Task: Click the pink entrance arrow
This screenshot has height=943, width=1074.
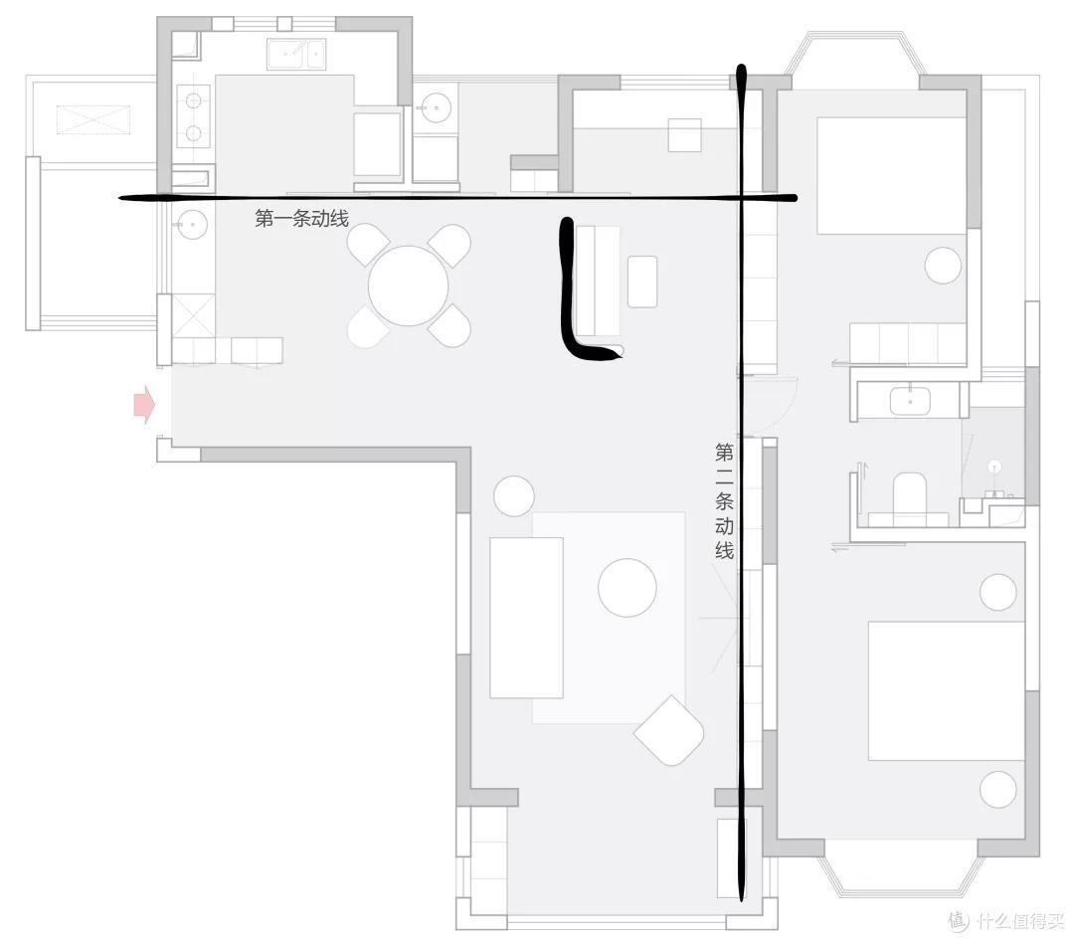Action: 144,405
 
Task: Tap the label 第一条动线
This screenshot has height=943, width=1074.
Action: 302,218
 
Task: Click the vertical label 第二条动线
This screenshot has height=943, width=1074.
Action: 725,501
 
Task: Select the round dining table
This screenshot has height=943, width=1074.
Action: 409,285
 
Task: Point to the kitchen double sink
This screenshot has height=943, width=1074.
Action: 296,54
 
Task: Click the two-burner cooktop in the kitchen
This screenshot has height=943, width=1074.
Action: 193,115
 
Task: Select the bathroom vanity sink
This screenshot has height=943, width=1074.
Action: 910,401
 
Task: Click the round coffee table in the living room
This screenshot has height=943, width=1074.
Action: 627,587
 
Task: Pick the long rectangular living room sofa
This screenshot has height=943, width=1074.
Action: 527,618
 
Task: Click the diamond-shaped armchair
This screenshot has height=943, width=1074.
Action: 669,730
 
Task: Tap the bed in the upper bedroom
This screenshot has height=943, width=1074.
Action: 891,175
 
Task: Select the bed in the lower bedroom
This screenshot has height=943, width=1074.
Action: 947,690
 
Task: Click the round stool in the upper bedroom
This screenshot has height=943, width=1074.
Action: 943,266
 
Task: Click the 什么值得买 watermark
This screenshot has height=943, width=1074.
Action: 1006,920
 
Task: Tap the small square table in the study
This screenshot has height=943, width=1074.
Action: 685,135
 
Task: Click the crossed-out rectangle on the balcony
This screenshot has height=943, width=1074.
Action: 93,120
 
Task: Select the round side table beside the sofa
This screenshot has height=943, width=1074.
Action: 514,496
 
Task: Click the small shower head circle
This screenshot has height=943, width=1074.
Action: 995,467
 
